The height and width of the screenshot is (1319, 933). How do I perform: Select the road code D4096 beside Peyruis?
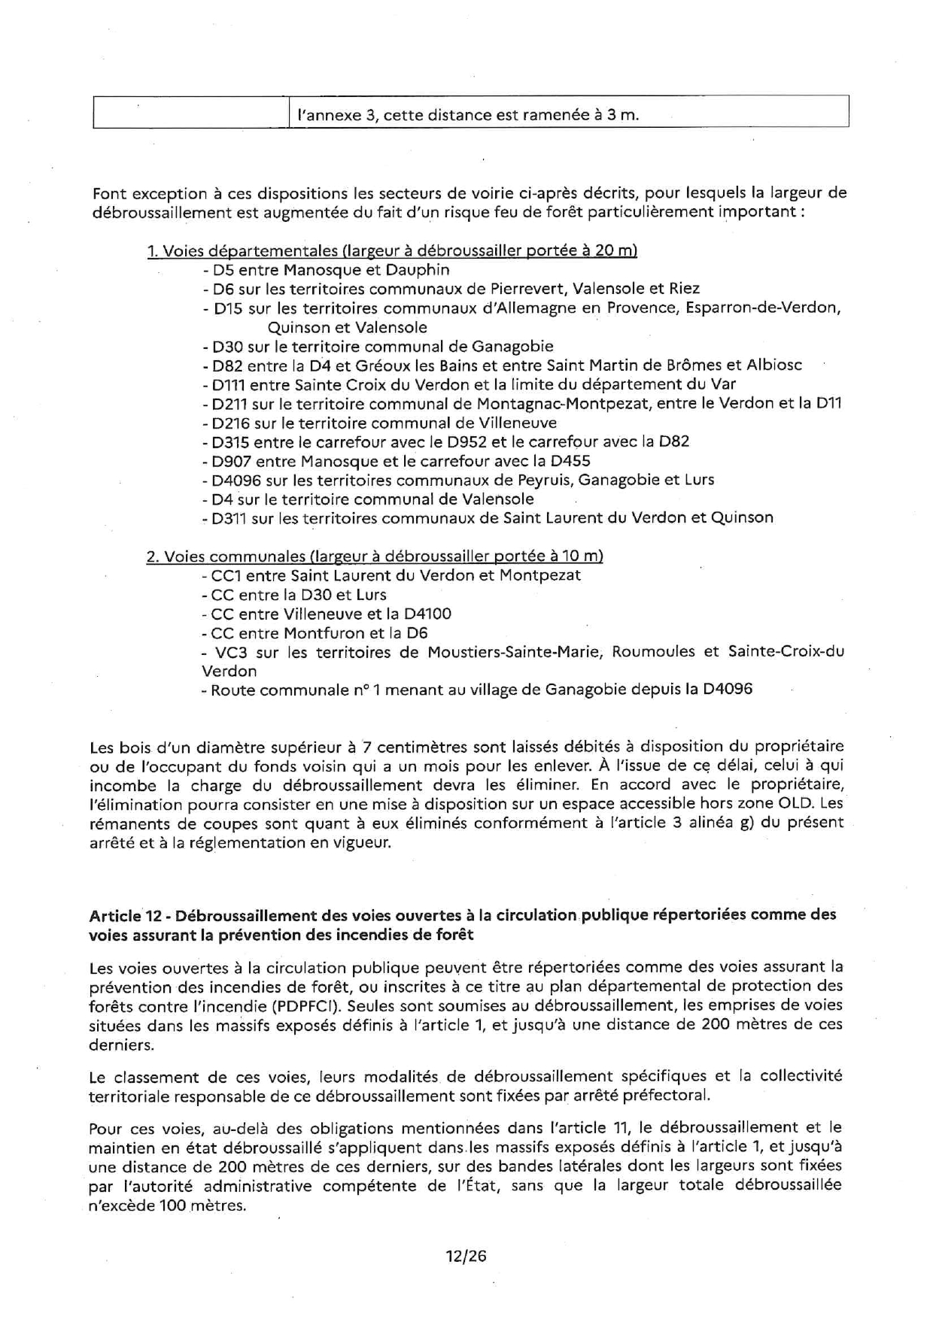(234, 480)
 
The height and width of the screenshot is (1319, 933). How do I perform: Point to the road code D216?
(230, 423)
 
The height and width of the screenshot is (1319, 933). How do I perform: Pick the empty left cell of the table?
(191, 113)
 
